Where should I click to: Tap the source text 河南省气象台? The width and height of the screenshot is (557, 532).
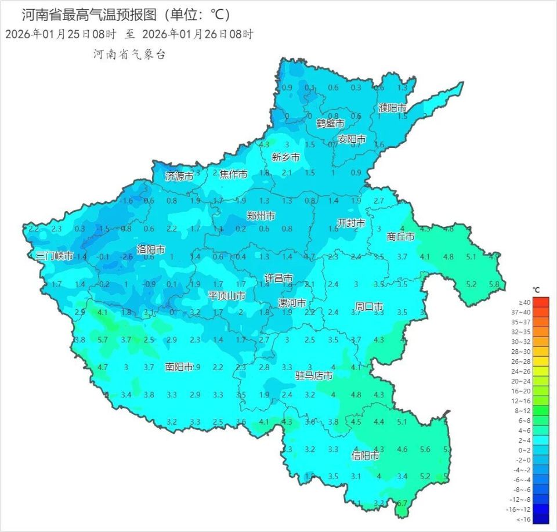tap(129, 55)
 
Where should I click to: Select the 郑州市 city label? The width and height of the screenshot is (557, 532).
tap(261, 216)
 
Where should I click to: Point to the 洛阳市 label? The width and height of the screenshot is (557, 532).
tap(151, 249)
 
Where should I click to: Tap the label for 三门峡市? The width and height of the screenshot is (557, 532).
tap(55, 256)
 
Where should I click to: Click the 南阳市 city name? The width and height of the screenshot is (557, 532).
tap(179, 367)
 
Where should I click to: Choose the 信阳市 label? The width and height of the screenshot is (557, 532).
tap(366, 456)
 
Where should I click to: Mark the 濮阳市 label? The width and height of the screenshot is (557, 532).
tap(392, 108)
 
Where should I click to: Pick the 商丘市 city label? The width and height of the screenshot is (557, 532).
tap(400, 237)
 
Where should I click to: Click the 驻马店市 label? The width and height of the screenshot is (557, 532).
tap(314, 376)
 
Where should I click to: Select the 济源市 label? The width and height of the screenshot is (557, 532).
tap(179, 176)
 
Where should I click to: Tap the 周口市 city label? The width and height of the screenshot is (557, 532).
tap(368, 306)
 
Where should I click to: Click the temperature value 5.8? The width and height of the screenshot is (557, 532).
tap(494, 284)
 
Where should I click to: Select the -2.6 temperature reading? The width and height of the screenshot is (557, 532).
tap(126, 256)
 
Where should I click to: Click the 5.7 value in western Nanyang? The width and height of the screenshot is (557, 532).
tap(103, 339)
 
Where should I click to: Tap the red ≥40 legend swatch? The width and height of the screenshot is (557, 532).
tap(540, 302)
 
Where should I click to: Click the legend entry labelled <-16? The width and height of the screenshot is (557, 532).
tap(540, 519)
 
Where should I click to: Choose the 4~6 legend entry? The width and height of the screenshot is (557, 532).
tap(540, 430)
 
